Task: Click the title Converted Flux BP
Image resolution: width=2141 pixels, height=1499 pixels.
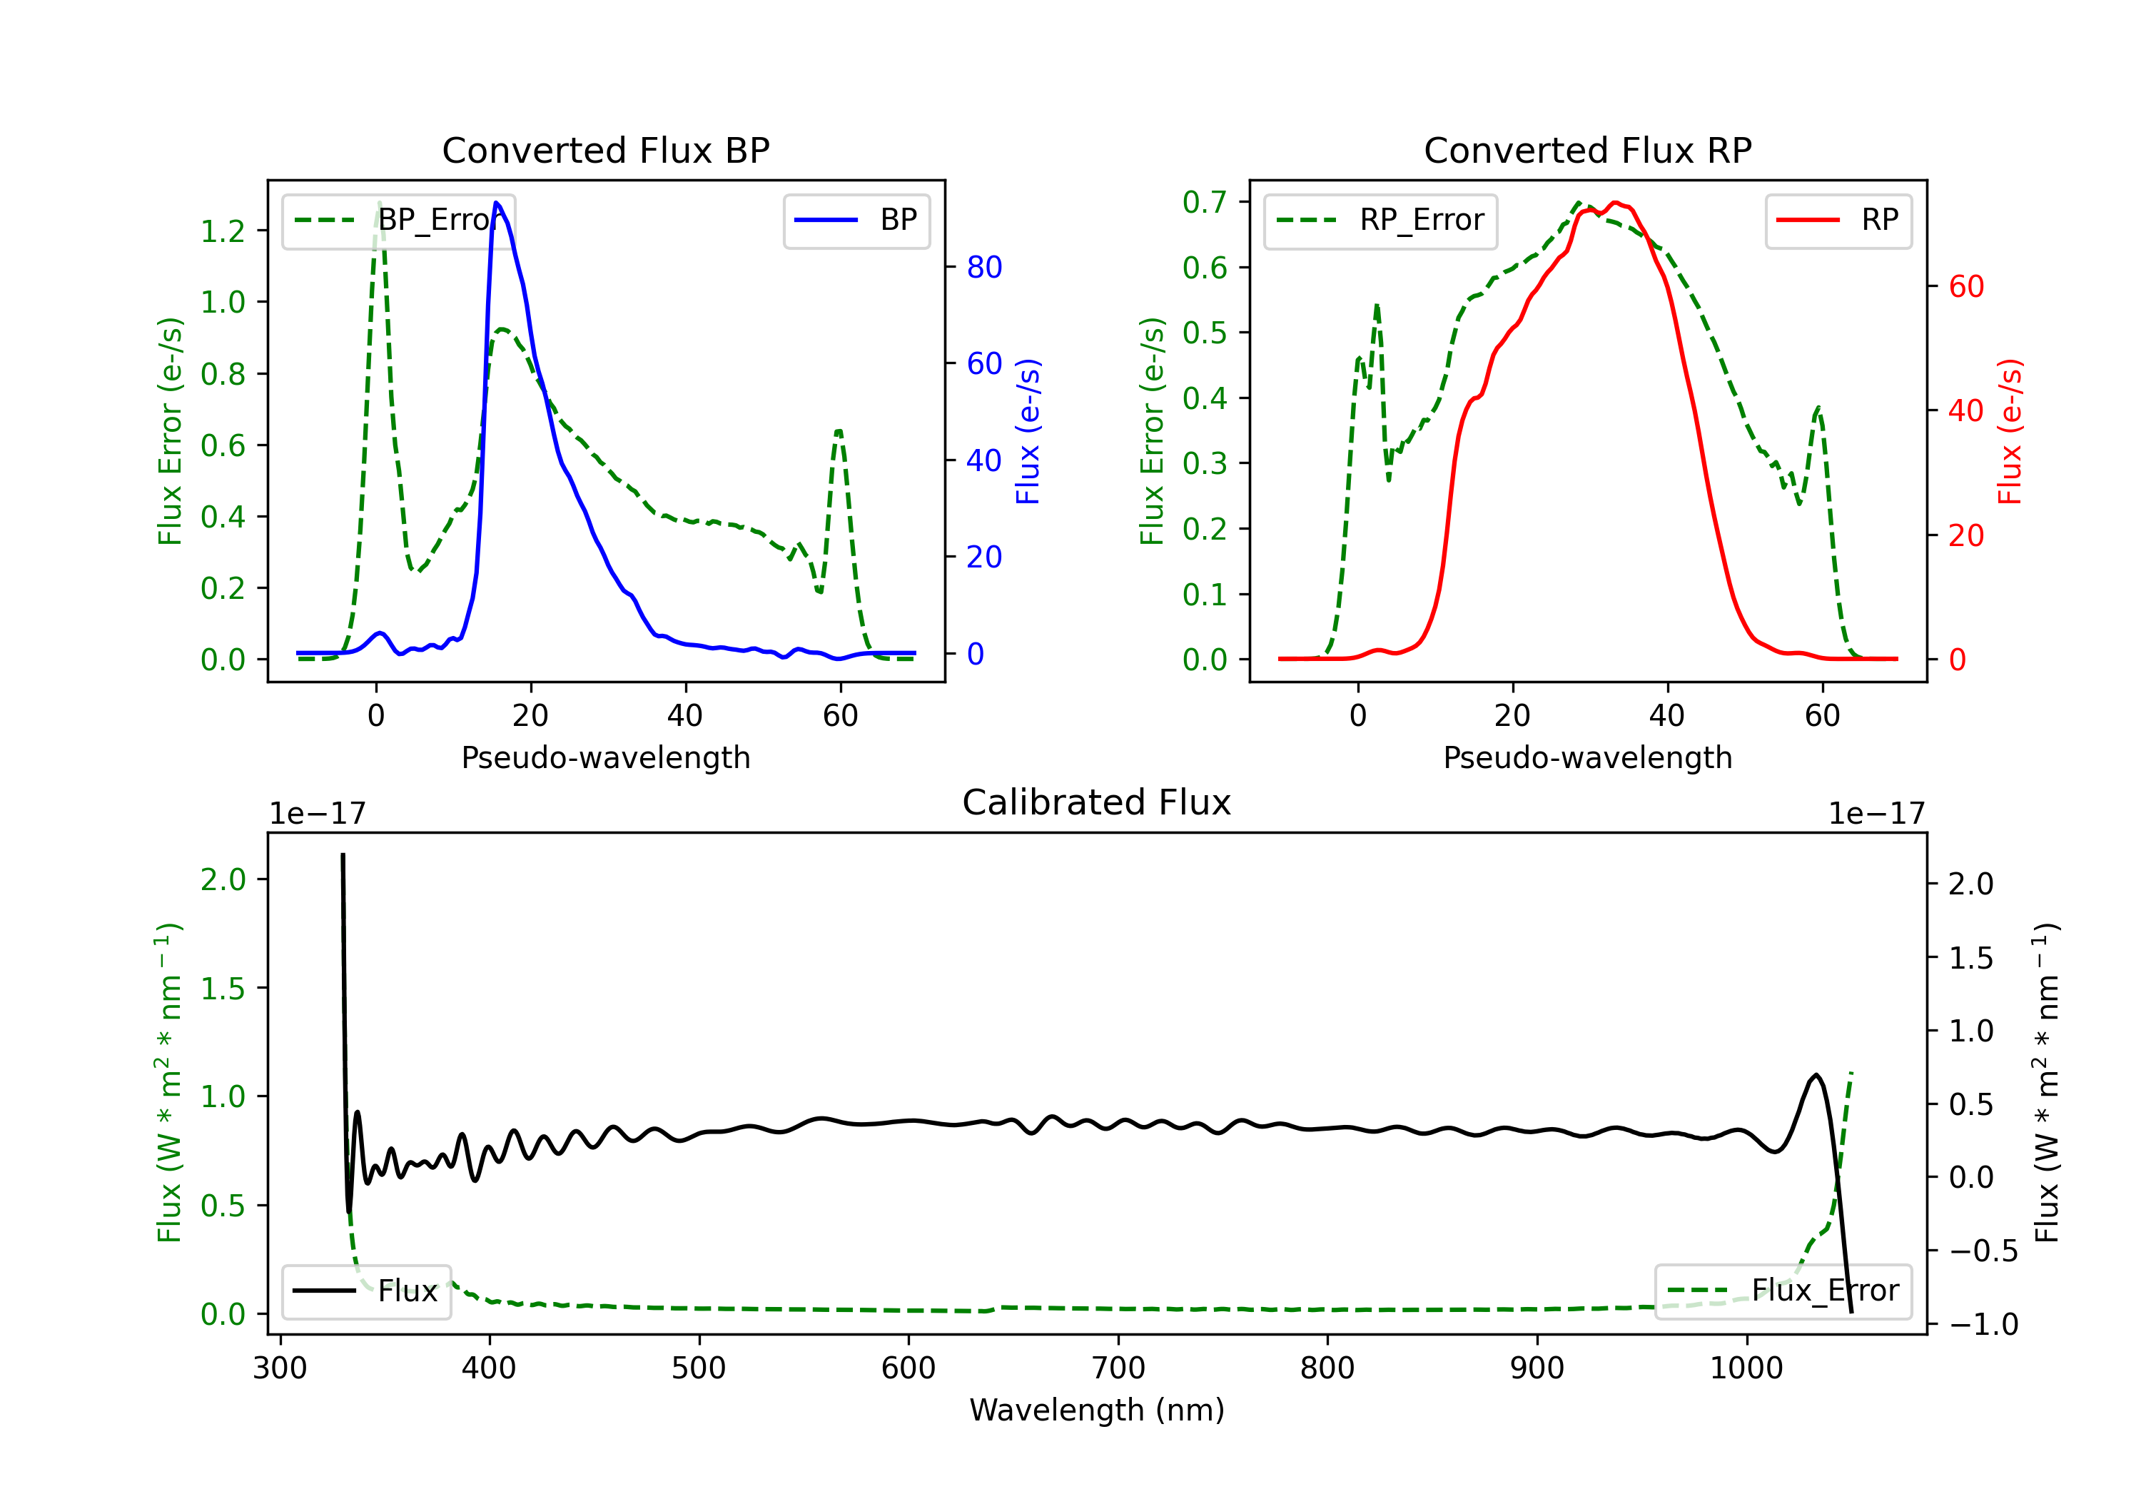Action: [605, 150]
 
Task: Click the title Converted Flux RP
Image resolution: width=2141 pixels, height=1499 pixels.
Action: [1587, 150]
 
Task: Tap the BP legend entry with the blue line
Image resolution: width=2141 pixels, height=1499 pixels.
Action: [856, 220]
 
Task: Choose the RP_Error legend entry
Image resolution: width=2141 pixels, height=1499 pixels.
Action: [1380, 220]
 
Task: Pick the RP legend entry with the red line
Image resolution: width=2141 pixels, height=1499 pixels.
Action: [1838, 220]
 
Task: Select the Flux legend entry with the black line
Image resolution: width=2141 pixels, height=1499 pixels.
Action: [367, 1291]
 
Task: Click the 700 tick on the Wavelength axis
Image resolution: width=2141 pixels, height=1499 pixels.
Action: [1118, 1368]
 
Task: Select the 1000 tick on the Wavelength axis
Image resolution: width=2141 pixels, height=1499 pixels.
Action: [1746, 1368]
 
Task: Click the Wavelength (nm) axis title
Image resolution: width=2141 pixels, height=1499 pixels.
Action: [1097, 1410]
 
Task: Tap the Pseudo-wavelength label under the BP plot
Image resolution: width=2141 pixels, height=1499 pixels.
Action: [605, 757]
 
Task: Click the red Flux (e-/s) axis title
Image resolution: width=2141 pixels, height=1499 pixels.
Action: [2010, 431]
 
